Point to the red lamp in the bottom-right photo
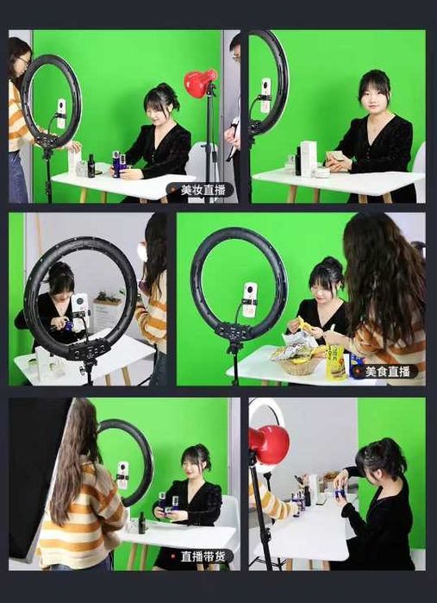tap(269, 444)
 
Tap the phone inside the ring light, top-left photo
tap(61, 113)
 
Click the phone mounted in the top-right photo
tap(265, 96)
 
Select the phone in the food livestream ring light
tap(250, 299)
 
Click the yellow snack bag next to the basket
tap(334, 362)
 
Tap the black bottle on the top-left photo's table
tap(91, 166)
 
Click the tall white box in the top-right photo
tap(309, 159)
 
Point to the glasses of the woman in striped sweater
tap(24, 60)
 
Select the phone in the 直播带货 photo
tap(123, 475)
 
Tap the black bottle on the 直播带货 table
tap(142, 522)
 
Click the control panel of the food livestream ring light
tap(234, 330)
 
